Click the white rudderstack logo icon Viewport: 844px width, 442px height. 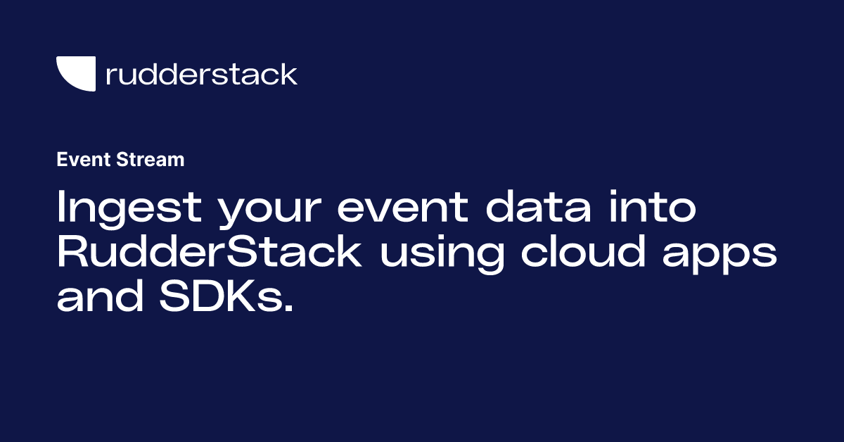pos(75,74)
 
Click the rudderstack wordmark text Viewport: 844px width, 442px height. pos(201,74)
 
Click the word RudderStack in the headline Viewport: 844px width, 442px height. pos(209,253)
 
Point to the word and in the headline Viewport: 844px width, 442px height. pos(98,298)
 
